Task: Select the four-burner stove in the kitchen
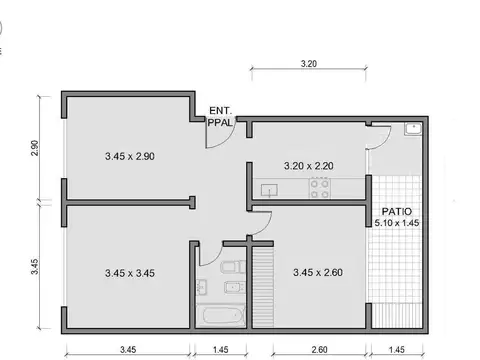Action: (x=320, y=187)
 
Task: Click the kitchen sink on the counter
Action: (x=268, y=188)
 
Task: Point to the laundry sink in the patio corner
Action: (x=413, y=129)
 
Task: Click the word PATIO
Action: (x=396, y=211)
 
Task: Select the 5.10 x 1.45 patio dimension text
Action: (x=396, y=223)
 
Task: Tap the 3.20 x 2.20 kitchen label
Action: (x=308, y=165)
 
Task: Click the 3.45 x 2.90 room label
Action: (x=129, y=156)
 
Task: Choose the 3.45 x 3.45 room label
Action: (x=129, y=272)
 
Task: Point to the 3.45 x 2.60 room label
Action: (x=317, y=272)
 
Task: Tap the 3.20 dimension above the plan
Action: (x=308, y=63)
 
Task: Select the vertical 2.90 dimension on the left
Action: (x=34, y=147)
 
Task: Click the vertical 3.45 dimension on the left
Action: (x=34, y=267)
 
